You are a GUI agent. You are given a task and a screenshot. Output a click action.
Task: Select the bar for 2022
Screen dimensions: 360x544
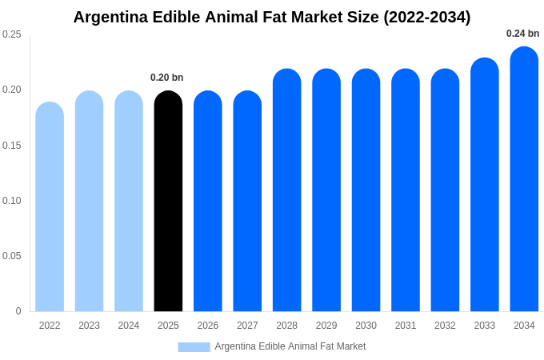tap(50, 207)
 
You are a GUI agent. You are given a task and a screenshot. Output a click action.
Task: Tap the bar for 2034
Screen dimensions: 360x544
tap(524, 179)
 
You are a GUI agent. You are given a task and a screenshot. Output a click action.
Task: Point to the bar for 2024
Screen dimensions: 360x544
tap(129, 202)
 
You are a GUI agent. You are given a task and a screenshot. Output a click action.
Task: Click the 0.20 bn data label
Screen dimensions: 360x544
tap(167, 78)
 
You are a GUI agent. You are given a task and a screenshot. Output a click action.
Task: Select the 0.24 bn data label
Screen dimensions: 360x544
tap(522, 34)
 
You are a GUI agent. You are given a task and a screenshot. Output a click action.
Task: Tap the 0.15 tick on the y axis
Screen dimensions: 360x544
tap(12, 145)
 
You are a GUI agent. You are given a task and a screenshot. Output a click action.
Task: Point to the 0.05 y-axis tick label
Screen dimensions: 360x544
tap(12, 256)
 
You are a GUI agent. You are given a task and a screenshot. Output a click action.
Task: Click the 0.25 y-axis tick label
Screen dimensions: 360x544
tap(12, 34)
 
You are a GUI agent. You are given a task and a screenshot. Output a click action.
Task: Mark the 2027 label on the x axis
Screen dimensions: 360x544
tap(247, 326)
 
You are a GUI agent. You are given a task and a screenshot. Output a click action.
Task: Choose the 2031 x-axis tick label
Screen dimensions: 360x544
tap(406, 326)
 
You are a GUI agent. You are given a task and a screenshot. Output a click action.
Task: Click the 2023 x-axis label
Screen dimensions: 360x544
tap(89, 326)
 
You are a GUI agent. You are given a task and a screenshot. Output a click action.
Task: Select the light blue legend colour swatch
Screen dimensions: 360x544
tap(194, 347)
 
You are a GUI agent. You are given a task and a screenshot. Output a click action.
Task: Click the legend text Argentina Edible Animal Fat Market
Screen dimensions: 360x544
tap(290, 346)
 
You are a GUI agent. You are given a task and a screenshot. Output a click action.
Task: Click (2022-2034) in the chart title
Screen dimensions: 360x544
tap(426, 17)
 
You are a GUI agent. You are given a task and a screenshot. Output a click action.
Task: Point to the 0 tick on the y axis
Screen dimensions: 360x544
tap(18, 311)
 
